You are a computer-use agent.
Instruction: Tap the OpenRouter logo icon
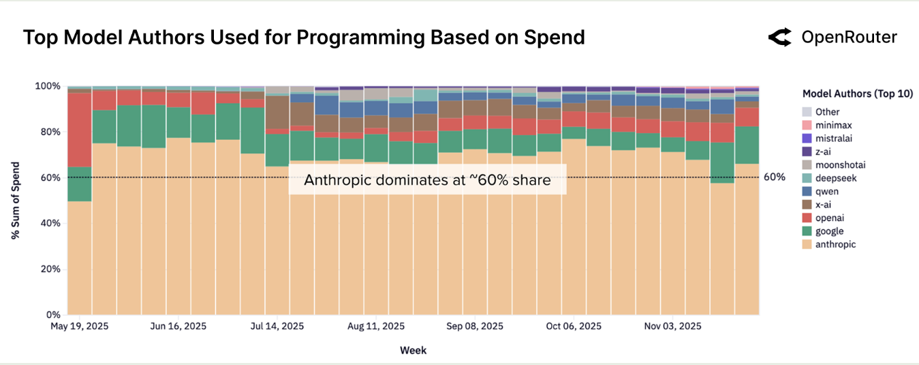[779, 38]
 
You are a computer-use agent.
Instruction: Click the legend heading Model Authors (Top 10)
[857, 94]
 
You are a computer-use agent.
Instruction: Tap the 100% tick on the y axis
[48, 87]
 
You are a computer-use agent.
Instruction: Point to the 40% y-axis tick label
[50, 223]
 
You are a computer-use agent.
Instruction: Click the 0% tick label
[52, 315]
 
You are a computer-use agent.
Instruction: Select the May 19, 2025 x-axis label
[80, 327]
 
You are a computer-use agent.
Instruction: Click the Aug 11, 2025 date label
[376, 327]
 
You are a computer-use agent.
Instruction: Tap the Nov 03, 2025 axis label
[672, 327]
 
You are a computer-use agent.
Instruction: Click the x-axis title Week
[413, 350]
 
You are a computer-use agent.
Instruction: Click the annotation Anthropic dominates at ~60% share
[427, 180]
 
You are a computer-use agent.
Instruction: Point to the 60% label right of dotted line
[774, 177]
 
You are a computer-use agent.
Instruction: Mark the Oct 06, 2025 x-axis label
[574, 327]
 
